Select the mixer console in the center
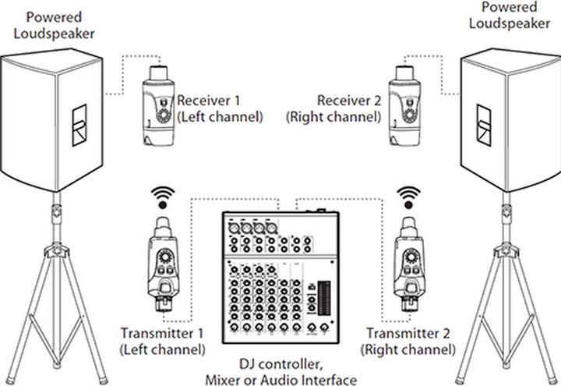(282, 278)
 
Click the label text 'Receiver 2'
(348, 101)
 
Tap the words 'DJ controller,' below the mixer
(282, 364)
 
